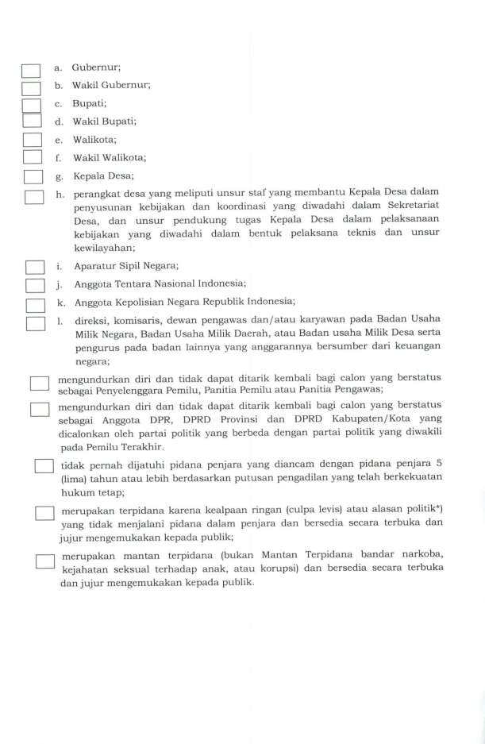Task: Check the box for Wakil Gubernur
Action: point(31,88)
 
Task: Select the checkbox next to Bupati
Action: point(31,106)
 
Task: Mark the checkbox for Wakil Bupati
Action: point(31,121)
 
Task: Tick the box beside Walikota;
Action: point(32,141)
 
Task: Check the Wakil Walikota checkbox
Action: point(32,158)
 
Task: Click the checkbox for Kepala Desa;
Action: point(33,177)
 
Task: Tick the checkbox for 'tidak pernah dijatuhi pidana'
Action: point(44,466)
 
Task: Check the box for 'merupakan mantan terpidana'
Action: point(44,561)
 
